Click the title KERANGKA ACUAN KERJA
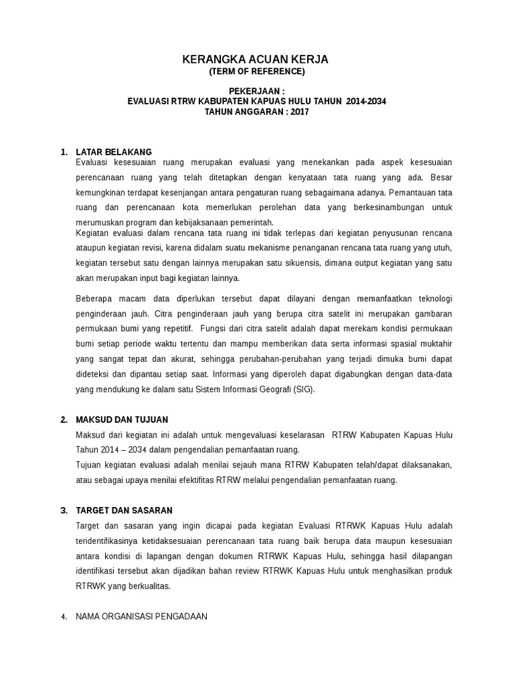click(256, 60)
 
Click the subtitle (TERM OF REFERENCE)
click(256, 72)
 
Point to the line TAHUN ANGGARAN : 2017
click(256, 112)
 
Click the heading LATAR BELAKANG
click(114, 152)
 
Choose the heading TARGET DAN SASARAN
click(124, 510)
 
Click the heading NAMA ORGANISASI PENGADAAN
click(141, 617)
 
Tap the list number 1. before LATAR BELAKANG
click(64, 152)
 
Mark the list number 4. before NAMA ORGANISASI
click(64, 617)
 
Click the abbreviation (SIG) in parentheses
click(303, 389)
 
